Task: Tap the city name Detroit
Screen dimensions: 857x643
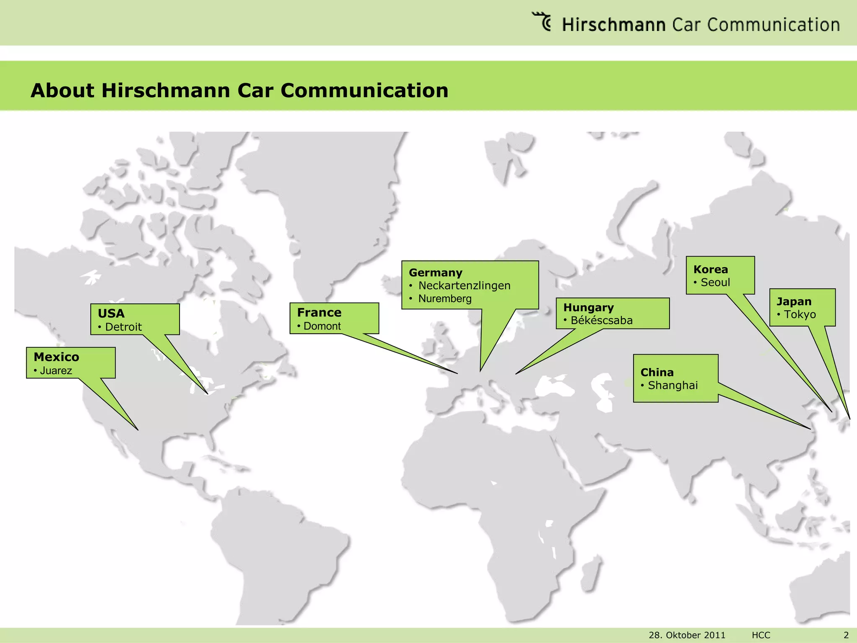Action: tap(123, 327)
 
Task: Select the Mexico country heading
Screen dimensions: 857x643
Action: tap(56, 357)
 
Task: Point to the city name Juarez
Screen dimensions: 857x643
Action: tap(56, 371)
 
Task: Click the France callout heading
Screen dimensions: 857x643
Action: tap(319, 313)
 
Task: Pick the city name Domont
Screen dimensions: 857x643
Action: tap(322, 327)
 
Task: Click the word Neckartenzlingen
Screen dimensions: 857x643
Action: tap(464, 286)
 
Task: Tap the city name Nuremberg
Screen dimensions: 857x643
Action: tap(445, 299)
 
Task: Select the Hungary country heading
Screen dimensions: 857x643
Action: tap(588, 308)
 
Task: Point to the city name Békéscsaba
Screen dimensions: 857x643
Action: tap(602, 321)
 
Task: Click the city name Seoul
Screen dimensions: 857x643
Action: tap(716, 283)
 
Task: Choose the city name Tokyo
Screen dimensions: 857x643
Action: tap(800, 315)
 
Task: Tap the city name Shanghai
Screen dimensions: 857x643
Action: tap(673, 386)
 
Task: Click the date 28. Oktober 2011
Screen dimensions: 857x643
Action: tap(687, 635)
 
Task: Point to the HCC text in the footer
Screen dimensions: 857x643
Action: tap(761, 635)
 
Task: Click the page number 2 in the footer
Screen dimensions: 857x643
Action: tap(846, 635)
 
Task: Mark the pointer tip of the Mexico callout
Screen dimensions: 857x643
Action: tap(138, 430)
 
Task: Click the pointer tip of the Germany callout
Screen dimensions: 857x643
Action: tap(480, 371)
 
